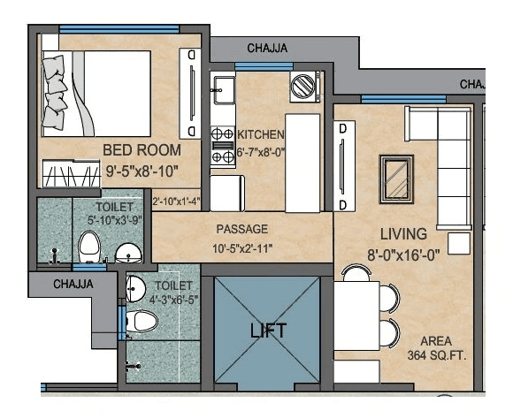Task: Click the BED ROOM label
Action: pos(142,149)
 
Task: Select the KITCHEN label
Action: pos(261,134)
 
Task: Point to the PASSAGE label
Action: pos(241,229)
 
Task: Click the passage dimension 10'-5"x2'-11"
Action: pos(241,248)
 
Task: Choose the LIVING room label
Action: pos(403,234)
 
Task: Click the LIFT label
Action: pos(267,331)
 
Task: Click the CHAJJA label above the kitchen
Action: pos(266,48)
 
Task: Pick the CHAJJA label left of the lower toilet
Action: pos(73,285)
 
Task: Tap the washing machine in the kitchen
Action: pos(304,87)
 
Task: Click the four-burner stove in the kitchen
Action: pos(222,144)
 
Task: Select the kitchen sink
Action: pos(222,87)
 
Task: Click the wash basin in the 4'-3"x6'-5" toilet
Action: pos(135,286)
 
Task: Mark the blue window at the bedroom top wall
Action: pos(119,29)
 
